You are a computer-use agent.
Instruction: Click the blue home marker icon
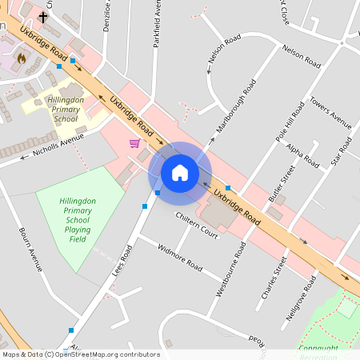pyautogui.click(x=180, y=172)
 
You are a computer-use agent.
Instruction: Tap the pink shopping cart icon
pyautogui.click(x=134, y=143)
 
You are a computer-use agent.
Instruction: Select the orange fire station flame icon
pyautogui.click(x=22, y=58)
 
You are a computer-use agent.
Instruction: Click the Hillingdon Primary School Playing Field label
pyautogui.click(x=77, y=219)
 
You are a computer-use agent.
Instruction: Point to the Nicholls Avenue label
pyautogui.click(x=58, y=145)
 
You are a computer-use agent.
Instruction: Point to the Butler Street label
pyautogui.click(x=282, y=183)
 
